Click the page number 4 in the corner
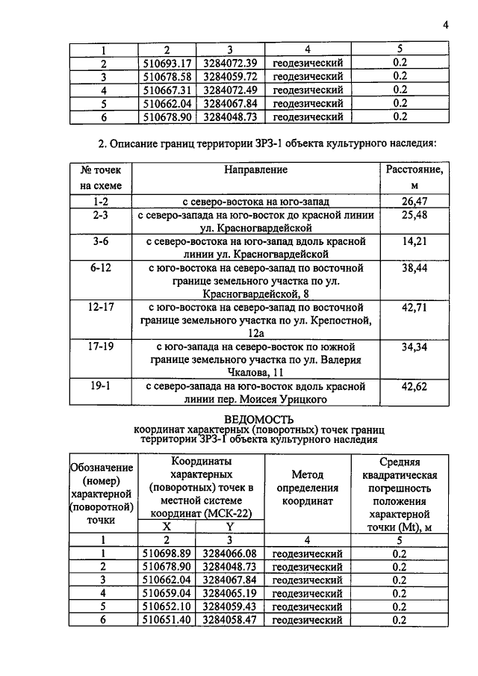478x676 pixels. [x=445, y=25]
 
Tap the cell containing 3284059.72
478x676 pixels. [x=230, y=76]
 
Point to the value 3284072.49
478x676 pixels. [x=230, y=90]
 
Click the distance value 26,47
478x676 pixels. [x=414, y=202]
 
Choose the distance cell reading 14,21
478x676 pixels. [x=414, y=242]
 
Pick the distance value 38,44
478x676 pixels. [x=414, y=267]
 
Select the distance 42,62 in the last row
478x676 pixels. [x=414, y=387]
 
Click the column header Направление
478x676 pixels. [x=255, y=170]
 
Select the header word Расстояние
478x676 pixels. [x=414, y=170]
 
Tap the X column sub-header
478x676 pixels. [x=167, y=526]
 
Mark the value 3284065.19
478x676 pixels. [x=230, y=593]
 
